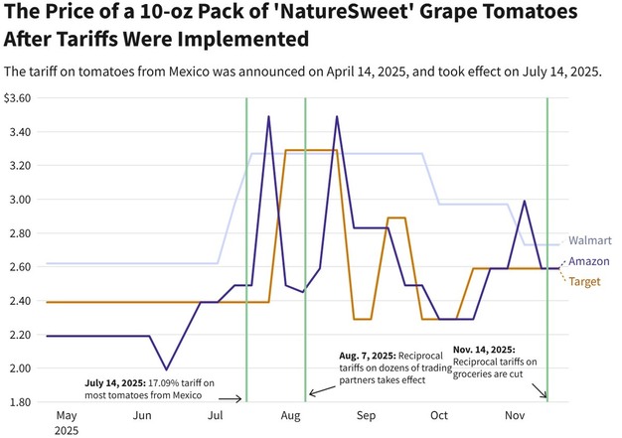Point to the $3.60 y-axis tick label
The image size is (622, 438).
pyautogui.click(x=19, y=98)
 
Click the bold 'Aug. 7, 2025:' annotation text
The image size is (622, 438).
pyautogui.click(x=368, y=356)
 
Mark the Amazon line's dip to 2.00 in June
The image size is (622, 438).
pyautogui.click(x=167, y=368)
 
